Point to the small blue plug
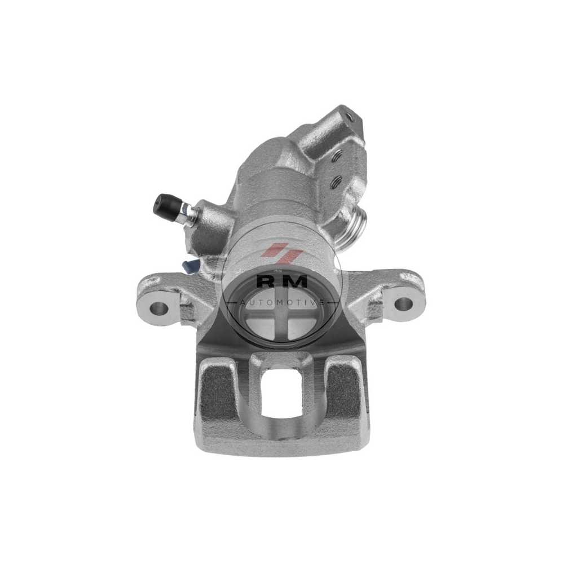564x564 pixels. pyautogui.click(x=191, y=267)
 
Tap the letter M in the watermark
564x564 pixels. pyautogui.click(x=296, y=281)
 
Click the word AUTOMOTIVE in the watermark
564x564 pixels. pyautogui.click(x=281, y=302)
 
